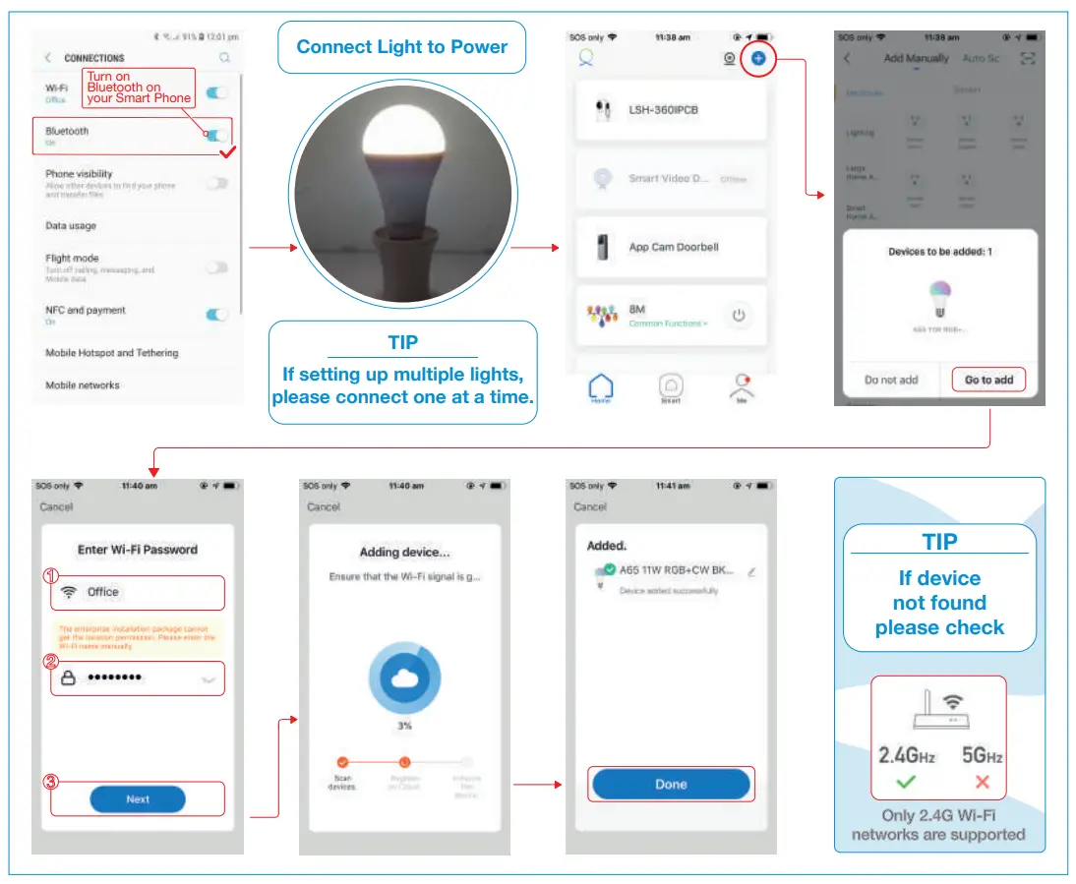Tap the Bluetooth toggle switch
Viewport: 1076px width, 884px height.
(216, 136)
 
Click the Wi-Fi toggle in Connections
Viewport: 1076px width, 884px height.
(216, 93)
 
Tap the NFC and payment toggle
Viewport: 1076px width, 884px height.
(216, 315)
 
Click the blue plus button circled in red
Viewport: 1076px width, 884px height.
(758, 59)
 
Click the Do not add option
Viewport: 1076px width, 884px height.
(891, 380)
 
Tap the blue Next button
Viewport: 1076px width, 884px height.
(138, 799)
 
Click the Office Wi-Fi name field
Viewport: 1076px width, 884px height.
(138, 592)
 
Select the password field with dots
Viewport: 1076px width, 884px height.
(138, 678)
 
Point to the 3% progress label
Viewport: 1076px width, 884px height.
(404, 726)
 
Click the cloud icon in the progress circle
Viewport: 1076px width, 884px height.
(404, 679)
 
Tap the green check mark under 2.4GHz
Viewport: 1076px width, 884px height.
(905, 784)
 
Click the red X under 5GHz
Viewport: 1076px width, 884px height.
(982, 784)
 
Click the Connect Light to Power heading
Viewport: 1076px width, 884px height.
(402, 47)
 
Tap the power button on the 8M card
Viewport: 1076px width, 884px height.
(740, 316)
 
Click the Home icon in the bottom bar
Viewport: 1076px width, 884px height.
(600, 387)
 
